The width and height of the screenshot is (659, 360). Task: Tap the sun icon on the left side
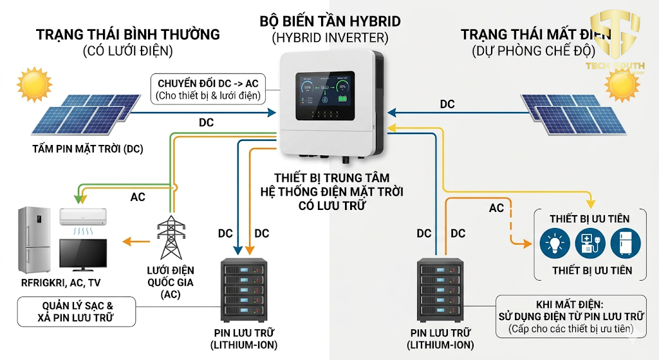click(x=33, y=84)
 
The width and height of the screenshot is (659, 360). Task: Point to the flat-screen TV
click(x=83, y=254)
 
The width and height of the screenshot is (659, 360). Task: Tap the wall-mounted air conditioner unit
click(x=84, y=216)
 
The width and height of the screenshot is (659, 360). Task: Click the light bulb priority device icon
click(x=554, y=245)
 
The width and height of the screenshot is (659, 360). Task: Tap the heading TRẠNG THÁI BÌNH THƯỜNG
click(x=128, y=34)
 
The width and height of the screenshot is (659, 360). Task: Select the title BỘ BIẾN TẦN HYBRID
click(x=329, y=21)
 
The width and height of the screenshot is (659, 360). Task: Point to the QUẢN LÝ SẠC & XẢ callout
click(x=77, y=312)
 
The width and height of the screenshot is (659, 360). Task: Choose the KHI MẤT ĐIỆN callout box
click(x=571, y=316)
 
